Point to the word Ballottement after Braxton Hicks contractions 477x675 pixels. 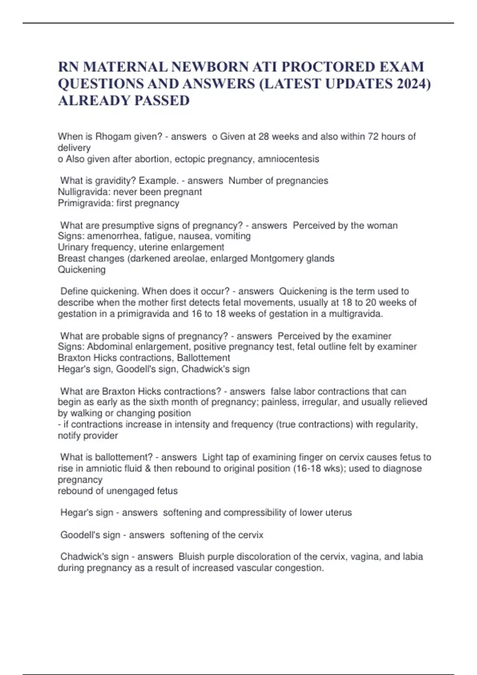click(x=203, y=358)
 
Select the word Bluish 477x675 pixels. click(x=192, y=557)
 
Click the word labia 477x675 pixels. click(x=412, y=557)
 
